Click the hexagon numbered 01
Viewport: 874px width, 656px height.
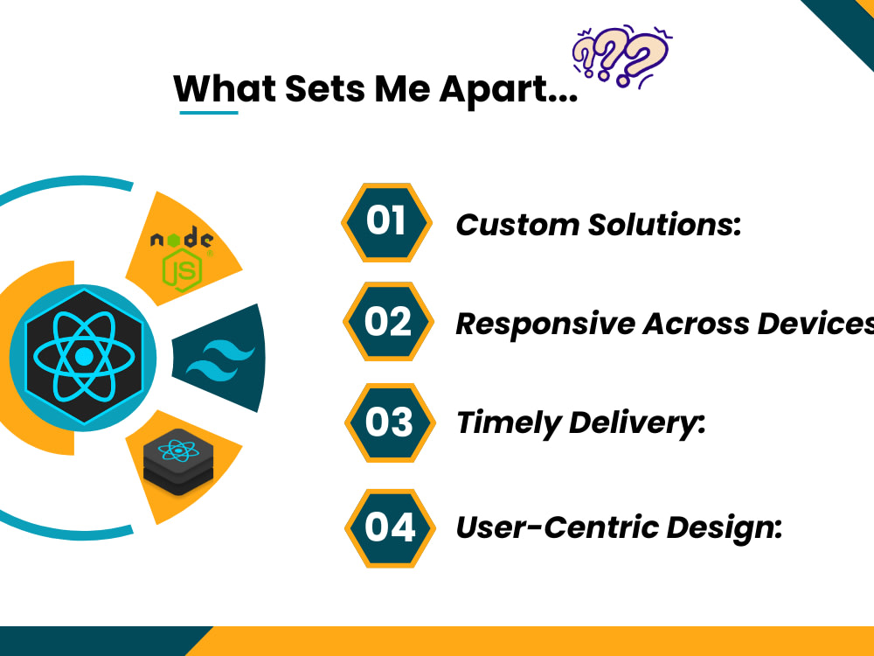coord(386,222)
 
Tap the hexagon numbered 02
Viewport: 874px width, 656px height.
coord(388,321)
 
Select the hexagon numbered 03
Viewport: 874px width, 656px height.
coord(390,422)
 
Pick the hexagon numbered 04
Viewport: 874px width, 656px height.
coord(390,528)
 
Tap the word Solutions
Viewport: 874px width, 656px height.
coord(664,225)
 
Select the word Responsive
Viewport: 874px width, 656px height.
coord(545,325)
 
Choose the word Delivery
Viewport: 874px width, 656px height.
coord(636,423)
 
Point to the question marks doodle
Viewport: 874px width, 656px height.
coord(621,56)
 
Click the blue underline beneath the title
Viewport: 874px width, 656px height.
coord(209,112)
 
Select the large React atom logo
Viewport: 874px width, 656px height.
coord(84,357)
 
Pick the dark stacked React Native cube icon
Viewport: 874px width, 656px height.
coord(178,462)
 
